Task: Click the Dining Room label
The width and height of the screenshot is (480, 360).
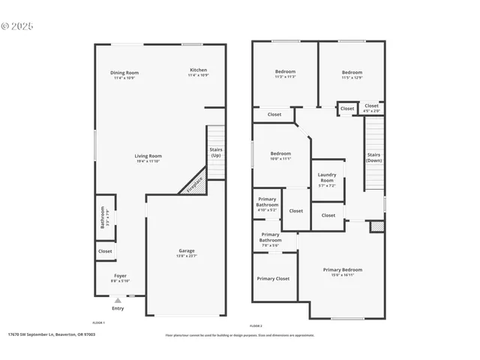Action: click(x=125, y=73)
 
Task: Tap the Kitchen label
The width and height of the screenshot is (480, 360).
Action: click(x=198, y=70)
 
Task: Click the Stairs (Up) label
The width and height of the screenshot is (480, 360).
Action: click(x=216, y=152)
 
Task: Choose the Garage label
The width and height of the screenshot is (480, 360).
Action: click(x=186, y=250)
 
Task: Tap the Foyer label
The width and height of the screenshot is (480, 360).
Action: click(x=120, y=276)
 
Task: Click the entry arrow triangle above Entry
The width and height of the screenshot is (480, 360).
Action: click(x=118, y=300)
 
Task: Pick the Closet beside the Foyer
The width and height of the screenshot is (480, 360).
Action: click(x=105, y=251)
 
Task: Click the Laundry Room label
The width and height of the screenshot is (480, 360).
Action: click(x=327, y=178)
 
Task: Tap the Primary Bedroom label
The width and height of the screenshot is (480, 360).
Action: click(x=343, y=269)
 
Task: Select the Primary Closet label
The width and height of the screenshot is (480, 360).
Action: click(x=273, y=278)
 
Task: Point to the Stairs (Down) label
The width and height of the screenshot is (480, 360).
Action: click(x=373, y=157)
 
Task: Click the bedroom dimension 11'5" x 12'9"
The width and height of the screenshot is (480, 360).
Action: click(x=352, y=77)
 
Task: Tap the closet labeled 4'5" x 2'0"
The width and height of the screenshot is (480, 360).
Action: click(x=372, y=111)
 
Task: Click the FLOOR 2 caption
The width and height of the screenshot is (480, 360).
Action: click(x=256, y=326)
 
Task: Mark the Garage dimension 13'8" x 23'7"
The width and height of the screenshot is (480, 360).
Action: click(x=186, y=256)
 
